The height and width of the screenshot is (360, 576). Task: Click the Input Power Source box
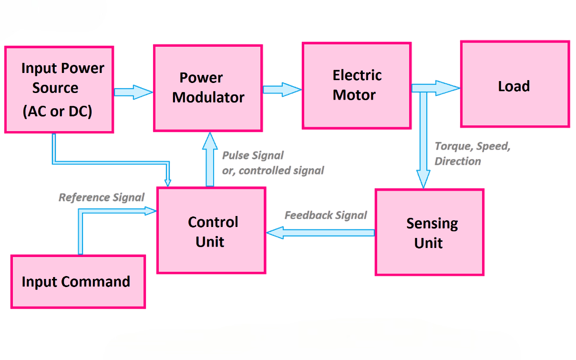pos(59,89)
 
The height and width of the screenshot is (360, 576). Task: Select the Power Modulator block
pos(207,88)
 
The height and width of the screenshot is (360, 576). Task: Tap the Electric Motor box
pos(357,85)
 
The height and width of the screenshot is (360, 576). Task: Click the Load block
pos(514,84)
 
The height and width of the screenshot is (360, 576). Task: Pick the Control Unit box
pos(211,230)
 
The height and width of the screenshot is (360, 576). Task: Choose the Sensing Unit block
pos(430,232)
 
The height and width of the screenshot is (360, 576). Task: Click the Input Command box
pos(78,282)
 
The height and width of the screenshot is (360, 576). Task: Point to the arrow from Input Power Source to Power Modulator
pos(133,92)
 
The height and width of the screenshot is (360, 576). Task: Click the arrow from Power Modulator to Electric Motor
pos(282,89)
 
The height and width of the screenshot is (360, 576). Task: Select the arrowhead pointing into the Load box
pos(449,88)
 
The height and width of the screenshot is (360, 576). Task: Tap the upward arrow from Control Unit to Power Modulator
pos(210,160)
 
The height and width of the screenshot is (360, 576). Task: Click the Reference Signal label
pos(101,197)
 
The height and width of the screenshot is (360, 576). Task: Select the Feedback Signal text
pos(326,215)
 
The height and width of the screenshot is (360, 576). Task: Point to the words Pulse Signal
pos(253,155)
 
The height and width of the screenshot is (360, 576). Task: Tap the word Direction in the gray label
pos(457,161)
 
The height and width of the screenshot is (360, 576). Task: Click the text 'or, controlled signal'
pos(273,170)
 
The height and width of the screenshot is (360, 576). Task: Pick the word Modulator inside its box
pos(208,97)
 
